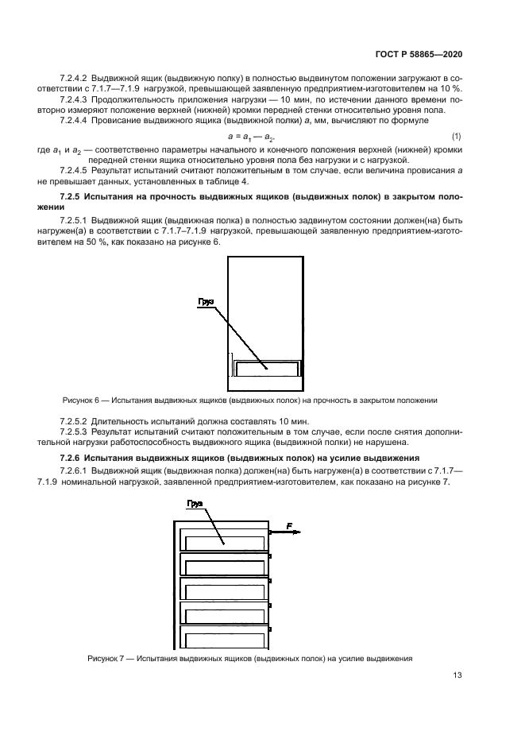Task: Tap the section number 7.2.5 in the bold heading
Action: [73, 195]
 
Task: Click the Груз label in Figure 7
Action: [196, 504]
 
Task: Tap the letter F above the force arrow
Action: [288, 525]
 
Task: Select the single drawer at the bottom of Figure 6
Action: [266, 367]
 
